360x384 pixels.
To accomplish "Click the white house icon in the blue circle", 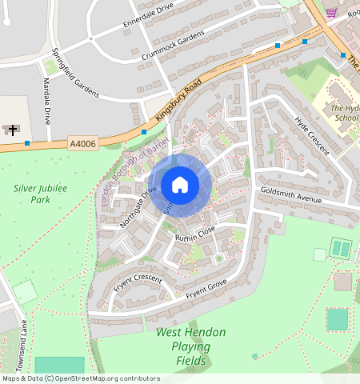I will coord(180,185).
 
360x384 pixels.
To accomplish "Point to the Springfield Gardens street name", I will coord(74,73).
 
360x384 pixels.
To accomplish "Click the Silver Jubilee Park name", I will coord(40,194).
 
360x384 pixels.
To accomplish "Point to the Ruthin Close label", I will coord(195,233).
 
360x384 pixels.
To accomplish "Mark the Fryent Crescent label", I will coord(138,285).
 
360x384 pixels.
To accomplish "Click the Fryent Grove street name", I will coord(206,290).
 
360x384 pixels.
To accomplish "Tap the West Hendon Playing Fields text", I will coord(190,346).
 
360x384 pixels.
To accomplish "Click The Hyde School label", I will coord(345,112).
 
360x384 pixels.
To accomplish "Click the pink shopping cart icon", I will coord(331,12).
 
